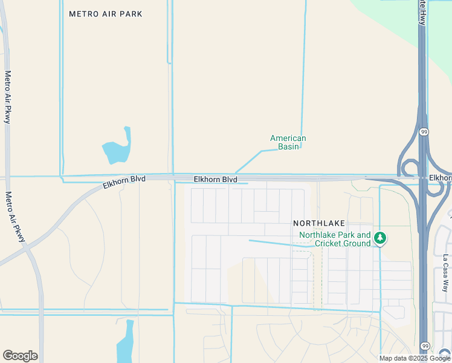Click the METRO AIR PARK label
106,14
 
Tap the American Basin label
288,142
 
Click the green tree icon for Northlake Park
380,238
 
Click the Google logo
20,356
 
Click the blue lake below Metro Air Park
117,149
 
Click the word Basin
288,146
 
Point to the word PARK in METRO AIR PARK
132,14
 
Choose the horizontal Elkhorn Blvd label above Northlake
216,180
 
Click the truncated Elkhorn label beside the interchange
440,178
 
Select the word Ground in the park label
357,243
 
